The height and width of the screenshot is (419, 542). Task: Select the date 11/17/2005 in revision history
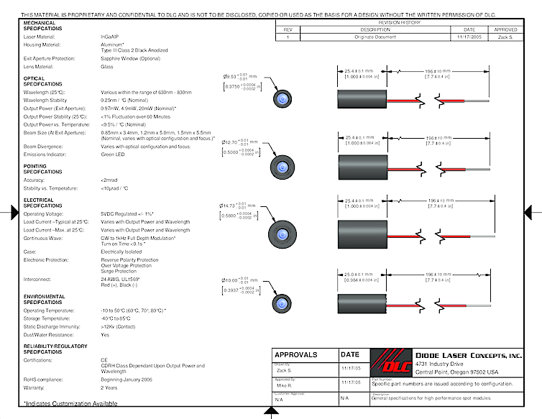coord(461,36)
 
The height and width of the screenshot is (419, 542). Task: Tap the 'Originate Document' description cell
coord(370,36)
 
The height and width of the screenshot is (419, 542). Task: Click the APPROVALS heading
coord(296,354)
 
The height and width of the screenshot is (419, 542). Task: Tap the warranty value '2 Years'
coord(110,388)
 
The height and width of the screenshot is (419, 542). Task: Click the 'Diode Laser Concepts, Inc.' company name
coord(469,354)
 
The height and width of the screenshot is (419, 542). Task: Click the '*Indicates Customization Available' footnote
coord(70,403)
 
